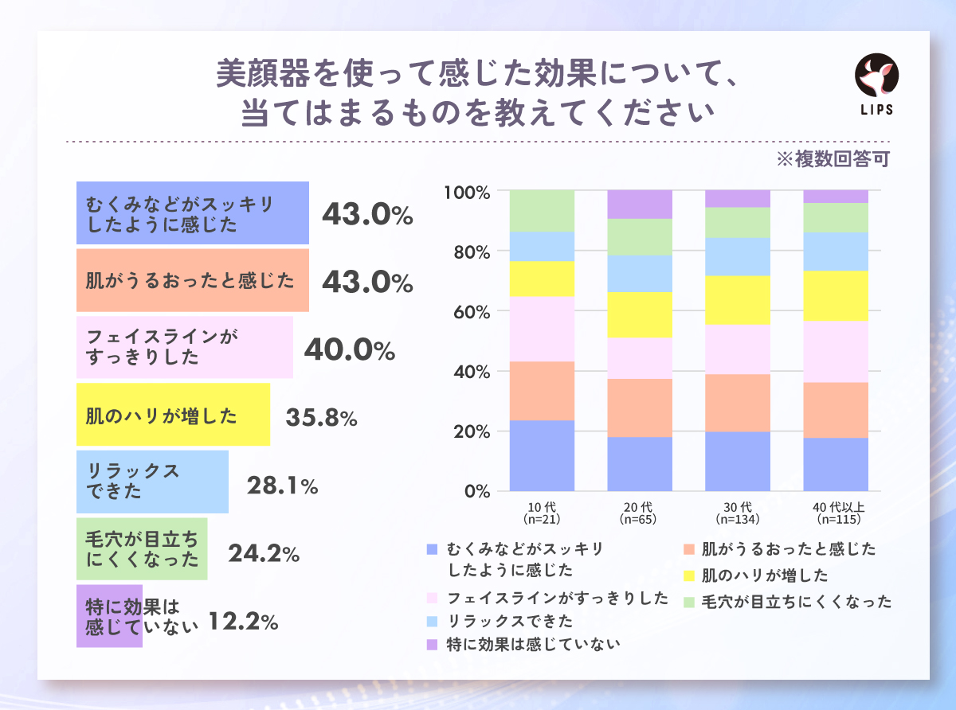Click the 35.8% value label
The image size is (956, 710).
320,417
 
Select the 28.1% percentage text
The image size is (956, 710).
282,485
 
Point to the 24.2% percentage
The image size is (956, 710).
263,552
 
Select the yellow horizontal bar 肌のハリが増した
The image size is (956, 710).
173,415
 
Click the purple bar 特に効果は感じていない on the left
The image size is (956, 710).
109,617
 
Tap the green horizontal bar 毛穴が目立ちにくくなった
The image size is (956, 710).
142,548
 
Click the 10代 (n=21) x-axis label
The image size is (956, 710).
542,513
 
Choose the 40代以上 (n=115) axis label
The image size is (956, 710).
835,513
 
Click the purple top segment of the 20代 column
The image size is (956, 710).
640,205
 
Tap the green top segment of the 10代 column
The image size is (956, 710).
542,211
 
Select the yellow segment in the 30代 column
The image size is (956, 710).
738,300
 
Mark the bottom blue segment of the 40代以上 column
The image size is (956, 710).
835,464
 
